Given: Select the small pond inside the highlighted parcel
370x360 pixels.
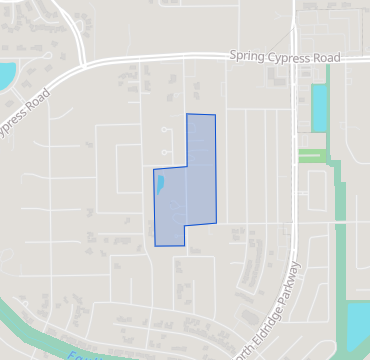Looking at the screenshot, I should (159, 184).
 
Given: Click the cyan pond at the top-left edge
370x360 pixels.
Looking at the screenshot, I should (5, 75).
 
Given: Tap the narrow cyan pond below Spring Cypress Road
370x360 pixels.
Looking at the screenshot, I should (319, 108).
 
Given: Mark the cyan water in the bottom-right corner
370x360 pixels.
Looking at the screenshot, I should (358, 322).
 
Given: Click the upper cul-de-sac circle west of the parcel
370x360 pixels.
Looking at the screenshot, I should (164, 130).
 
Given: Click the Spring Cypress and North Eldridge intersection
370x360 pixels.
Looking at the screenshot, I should (296, 58).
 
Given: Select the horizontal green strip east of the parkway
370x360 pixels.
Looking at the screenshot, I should (313, 156).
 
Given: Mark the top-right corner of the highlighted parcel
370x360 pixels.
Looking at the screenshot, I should (215, 116).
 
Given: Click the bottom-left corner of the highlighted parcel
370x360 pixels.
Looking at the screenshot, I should (154, 245).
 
